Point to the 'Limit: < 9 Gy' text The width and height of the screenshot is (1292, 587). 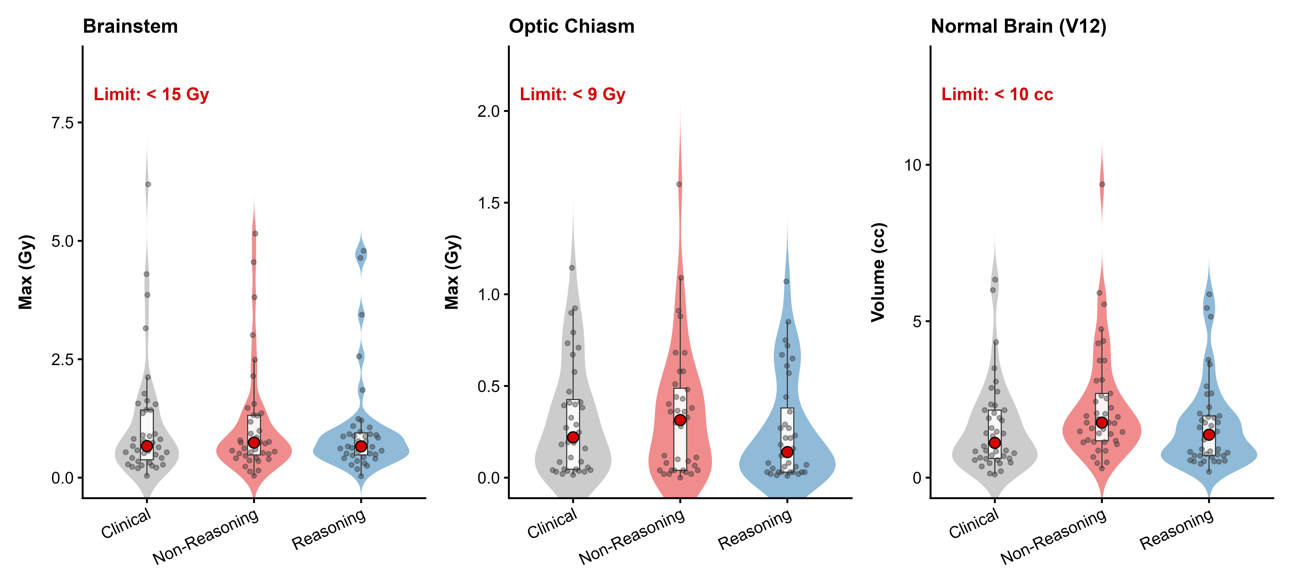point(572,94)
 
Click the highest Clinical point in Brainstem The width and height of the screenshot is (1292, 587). point(148,184)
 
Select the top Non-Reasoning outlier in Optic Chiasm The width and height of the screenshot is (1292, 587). point(679,184)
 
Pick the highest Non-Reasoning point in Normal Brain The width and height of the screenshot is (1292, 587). point(1102,184)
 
